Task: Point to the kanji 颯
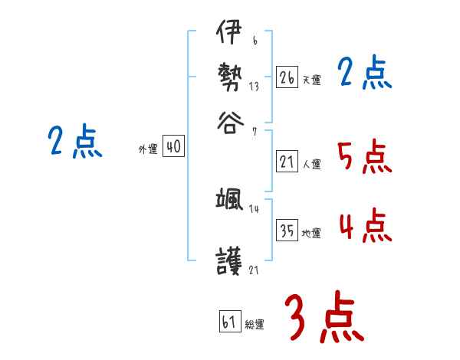[229, 201]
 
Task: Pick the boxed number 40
[174, 147]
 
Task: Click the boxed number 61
[229, 321]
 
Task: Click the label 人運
[311, 163]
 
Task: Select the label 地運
[311, 233]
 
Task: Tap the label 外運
[148, 149]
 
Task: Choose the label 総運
[255, 324]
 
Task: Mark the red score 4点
[364, 227]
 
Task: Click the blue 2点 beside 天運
[364, 74]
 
